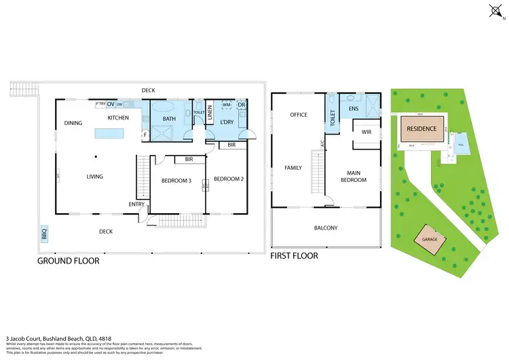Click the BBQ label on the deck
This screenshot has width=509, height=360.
[x=45, y=234]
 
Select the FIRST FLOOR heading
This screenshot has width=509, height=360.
[x=294, y=256]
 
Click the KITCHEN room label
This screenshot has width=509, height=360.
[x=118, y=118]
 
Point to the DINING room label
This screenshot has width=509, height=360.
[x=73, y=123]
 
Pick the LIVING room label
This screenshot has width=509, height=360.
[x=94, y=177]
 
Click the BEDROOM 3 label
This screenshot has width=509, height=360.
[x=176, y=181]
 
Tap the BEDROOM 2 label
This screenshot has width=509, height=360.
[x=228, y=179]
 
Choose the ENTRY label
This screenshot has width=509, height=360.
[x=136, y=204]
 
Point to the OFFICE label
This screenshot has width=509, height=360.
[x=299, y=115]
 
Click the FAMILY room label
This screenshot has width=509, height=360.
[x=293, y=167]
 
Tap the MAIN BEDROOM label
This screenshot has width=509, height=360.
[x=354, y=176]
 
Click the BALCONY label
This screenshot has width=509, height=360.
[x=326, y=228]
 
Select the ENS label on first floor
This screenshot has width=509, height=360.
[x=353, y=109]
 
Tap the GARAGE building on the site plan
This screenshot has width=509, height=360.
[x=429, y=240]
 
